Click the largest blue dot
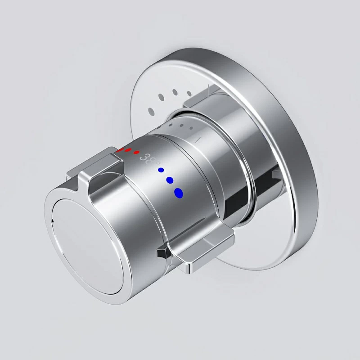tap(179, 193)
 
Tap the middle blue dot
tap(170, 180)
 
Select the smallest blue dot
tap(160, 170)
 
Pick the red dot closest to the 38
tap(136, 153)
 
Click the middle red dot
tap(128, 150)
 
